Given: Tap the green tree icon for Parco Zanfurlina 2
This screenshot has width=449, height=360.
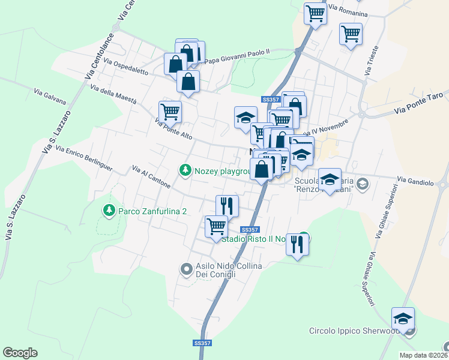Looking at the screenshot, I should pos(109,210).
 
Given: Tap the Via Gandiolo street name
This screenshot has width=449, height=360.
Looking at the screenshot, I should pos(415,180).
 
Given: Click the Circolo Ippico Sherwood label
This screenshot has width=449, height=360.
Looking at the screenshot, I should pos(354,331).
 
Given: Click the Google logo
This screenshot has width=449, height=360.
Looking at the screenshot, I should pos(20,353).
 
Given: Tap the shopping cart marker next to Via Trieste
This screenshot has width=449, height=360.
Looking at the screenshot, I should pos(351,34).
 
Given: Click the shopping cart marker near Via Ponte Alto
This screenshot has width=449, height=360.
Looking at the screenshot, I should pos(170,111).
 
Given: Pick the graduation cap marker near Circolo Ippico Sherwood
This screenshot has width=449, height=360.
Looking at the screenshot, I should pos(403,318).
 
